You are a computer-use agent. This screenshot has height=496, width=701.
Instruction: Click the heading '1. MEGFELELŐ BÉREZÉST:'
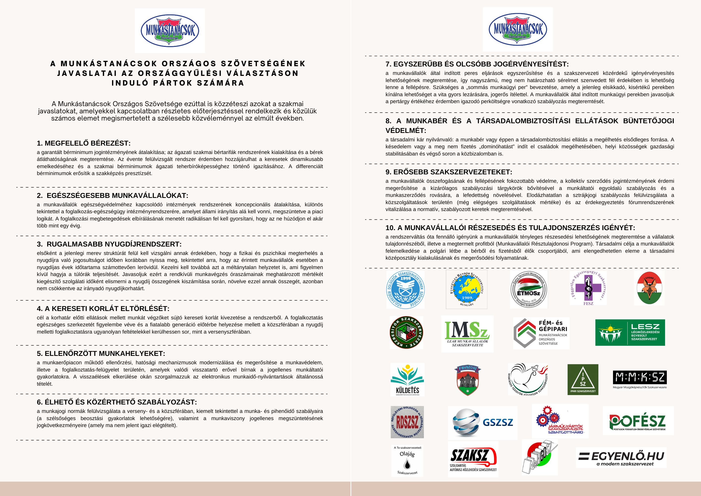[x=84, y=143]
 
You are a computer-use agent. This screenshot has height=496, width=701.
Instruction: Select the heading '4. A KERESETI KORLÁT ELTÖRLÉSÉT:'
[x=103, y=309]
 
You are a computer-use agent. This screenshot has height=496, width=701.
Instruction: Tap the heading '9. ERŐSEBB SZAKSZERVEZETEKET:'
[x=449, y=172]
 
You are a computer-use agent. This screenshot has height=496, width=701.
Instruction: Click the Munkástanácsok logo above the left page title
[x=170, y=31]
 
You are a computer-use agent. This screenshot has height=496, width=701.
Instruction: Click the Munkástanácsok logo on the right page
[x=518, y=29]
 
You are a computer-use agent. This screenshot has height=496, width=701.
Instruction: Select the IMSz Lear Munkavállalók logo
[x=467, y=334]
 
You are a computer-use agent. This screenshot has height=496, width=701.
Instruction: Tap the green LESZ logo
[x=630, y=333]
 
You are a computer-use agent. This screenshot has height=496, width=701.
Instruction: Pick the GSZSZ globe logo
[x=482, y=423]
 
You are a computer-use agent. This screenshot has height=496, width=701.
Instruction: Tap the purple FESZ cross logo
[x=588, y=288]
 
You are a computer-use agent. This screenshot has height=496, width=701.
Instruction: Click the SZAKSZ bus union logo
[x=473, y=459]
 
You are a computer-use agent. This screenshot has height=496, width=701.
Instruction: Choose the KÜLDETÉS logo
[x=407, y=379]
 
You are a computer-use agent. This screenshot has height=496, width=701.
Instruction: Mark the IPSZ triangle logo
[x=583, y=379]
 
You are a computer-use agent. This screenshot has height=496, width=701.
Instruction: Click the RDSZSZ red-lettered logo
[x=407, y=422]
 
